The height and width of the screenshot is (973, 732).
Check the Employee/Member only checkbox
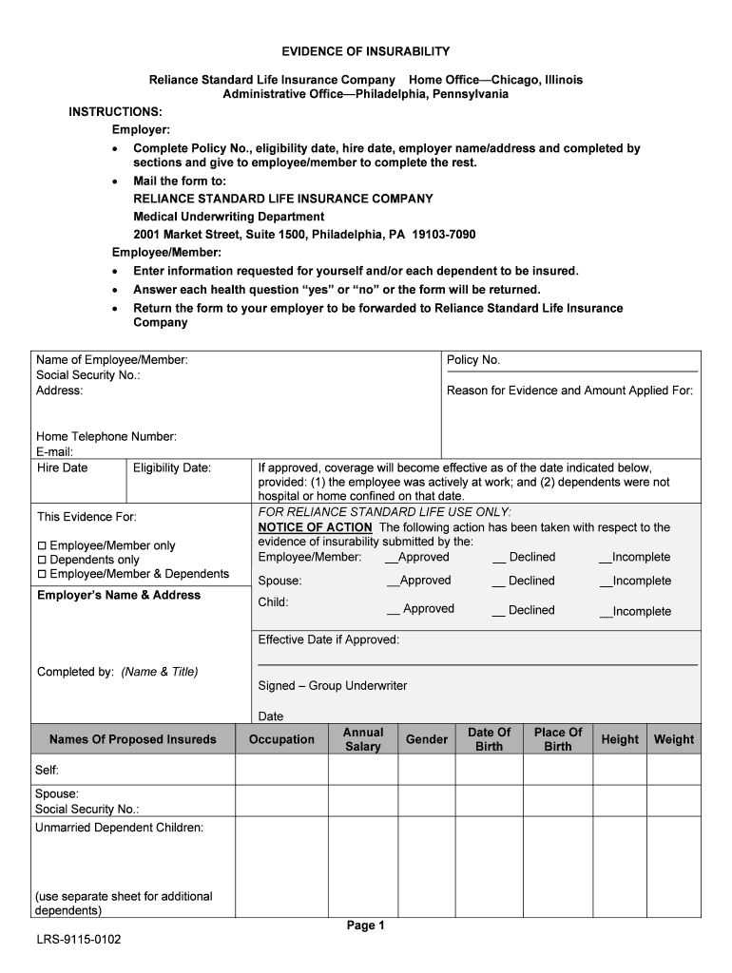pyautogui.click(x=42, y=546)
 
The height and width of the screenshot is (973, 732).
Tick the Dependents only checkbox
pyautogui.click(x=42, y=561)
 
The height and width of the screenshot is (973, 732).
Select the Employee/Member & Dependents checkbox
pyautogui.click(x=42, y=574)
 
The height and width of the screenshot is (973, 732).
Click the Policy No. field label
pyautogui.click(x=473, y=360)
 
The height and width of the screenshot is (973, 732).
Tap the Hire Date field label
pyautogui.click(x=62, y=467)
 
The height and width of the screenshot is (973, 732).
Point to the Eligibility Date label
pyautogui.click(x=172, y=467)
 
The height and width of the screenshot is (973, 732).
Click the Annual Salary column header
pyautogui.click(x=363, y=739)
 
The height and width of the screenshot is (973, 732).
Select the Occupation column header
pyautogui.click(x=281, y=739)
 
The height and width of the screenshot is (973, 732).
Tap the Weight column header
pyautogui.click(x=674, y=739)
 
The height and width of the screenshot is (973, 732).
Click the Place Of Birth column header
pyautogui.click(x=558, y=739)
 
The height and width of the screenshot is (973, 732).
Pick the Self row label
pyautogui.click(x=48, y=769)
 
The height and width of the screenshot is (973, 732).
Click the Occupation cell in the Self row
pyautogui.click(x=281, y=770)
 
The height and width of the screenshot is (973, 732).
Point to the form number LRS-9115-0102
pyautogui.click(x=79, y=940)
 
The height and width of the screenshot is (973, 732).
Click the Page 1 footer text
pyautogui.click(x=365, y=925)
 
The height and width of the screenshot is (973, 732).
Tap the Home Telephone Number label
pyautogui.click(x=106, y=437)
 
